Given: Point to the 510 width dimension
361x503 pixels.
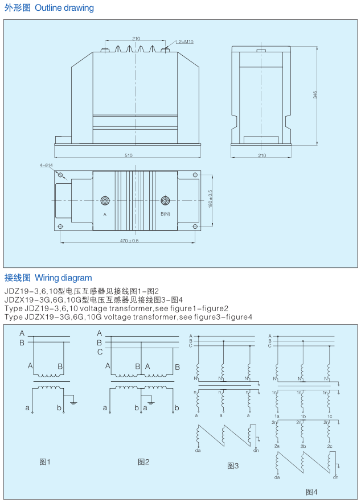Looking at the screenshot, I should pos(128,155).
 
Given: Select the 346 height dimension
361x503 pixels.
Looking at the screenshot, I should pos(315,95).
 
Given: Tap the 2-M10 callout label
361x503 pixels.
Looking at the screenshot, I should pos(186,42).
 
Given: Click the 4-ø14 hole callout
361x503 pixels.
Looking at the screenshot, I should pos(46,166).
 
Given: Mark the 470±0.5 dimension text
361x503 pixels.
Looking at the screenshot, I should pos(129,241).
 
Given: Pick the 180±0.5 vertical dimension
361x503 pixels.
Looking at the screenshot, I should pos(210,199).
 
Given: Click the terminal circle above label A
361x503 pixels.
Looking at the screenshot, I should pos(105,201).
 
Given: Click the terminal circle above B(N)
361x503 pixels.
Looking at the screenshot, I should pos(165,201).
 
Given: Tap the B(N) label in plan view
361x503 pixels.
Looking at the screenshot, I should pos(165,214).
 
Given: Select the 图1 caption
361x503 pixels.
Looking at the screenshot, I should pos(45,461).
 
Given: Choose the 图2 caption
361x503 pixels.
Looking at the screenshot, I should pos(143,461).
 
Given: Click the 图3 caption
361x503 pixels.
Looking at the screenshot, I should pos(233,465).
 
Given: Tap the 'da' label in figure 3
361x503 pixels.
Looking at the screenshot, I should pos(198,451).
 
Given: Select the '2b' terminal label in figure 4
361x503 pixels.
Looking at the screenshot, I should pos(303,446).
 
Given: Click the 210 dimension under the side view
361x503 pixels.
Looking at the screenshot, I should pos(262,155).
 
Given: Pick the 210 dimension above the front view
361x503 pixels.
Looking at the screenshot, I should pos(136,39).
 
